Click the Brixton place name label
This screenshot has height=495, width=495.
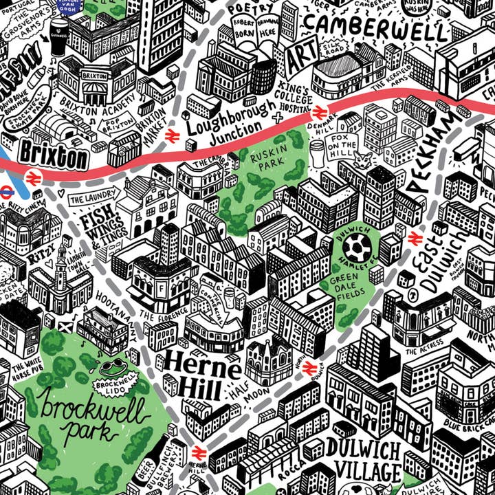click(54, 154)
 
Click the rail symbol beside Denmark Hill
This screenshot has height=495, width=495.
click(318, 113)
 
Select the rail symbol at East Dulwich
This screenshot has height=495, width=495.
click(415, 238)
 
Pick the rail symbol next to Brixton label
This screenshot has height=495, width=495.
click(35, 178)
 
